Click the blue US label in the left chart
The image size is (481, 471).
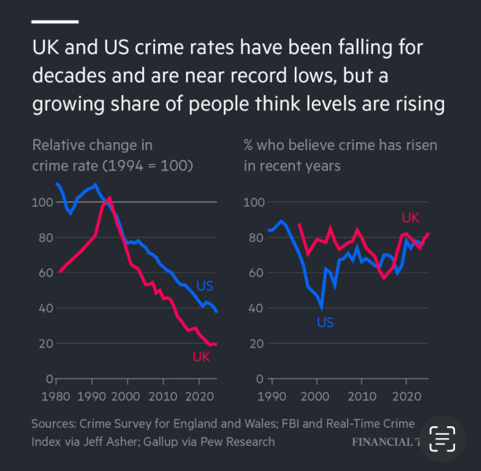pos(205,286)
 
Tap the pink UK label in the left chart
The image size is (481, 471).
pos(202,357)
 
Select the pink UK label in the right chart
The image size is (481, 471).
pos(410,217)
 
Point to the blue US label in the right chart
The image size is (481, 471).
pos(325,322)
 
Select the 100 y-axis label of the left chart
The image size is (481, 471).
pos(40,203)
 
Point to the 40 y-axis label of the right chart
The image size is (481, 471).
pos(252,309)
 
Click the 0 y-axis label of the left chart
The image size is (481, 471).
pos(46,379)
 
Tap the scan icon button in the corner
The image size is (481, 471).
pos(442,438)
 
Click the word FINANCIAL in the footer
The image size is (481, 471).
pos(381,442)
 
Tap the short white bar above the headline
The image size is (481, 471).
pos(55,21)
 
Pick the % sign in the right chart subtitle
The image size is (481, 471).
pos(249,145)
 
